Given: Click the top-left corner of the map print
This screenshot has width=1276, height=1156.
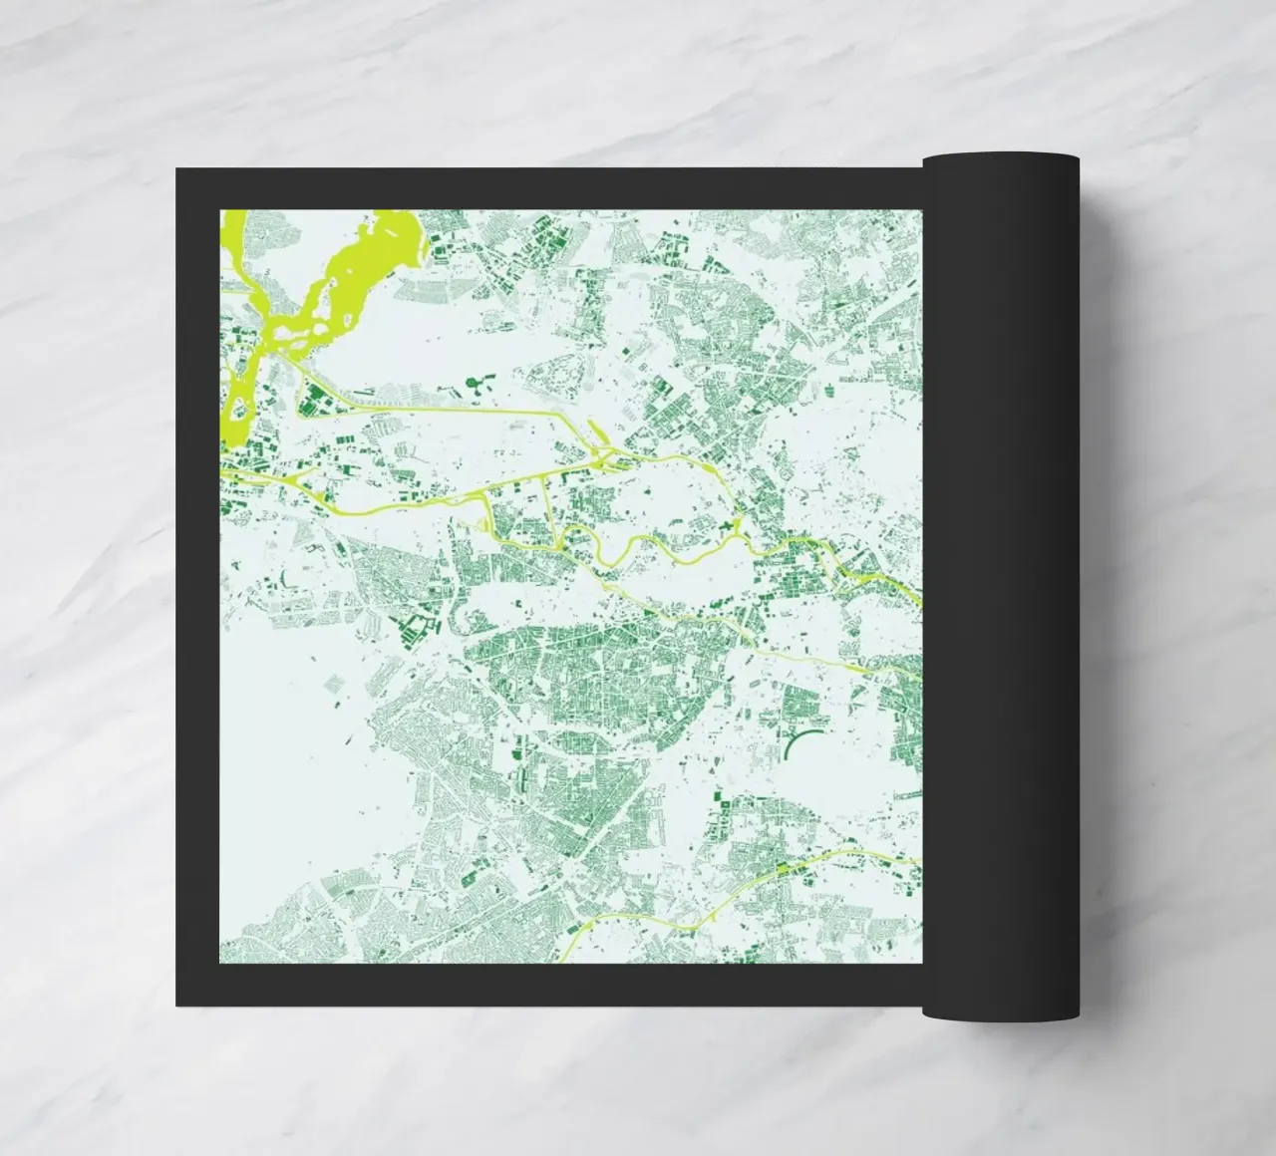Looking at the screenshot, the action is tap(220, 210).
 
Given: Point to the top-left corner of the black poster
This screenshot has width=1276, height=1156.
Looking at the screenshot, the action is tap(177, 169).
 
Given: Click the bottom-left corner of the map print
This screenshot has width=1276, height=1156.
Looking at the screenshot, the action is tap(220, 964).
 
